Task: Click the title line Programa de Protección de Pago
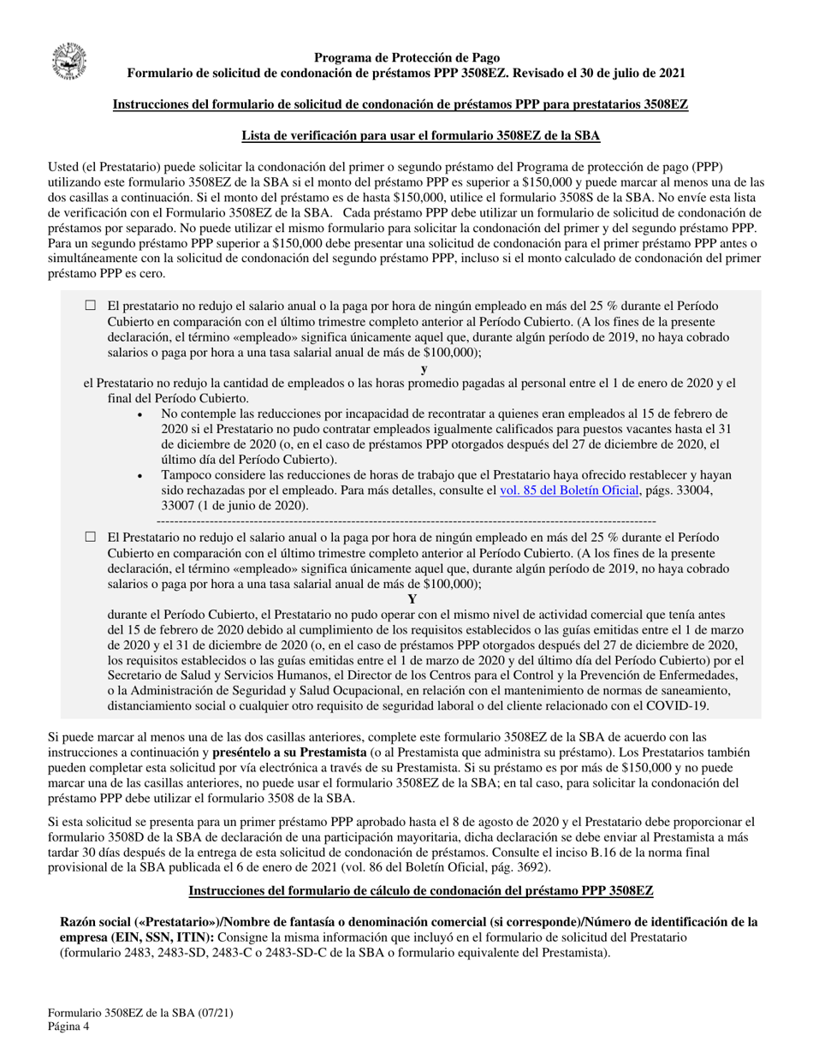point(406,57)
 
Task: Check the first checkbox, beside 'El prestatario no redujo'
point(92,306)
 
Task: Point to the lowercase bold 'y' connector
point(424,368)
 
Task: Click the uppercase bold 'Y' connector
point(412,599)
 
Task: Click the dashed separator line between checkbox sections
point(406,521)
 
